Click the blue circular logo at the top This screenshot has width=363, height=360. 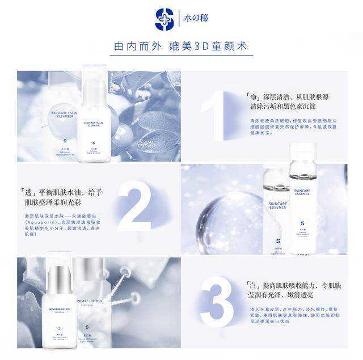[x=164, y=19]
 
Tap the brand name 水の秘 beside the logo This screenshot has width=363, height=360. [x=197, y=18]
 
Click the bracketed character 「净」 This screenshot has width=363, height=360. [x=253, y=97]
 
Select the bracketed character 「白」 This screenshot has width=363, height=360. [x=254, y=286]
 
